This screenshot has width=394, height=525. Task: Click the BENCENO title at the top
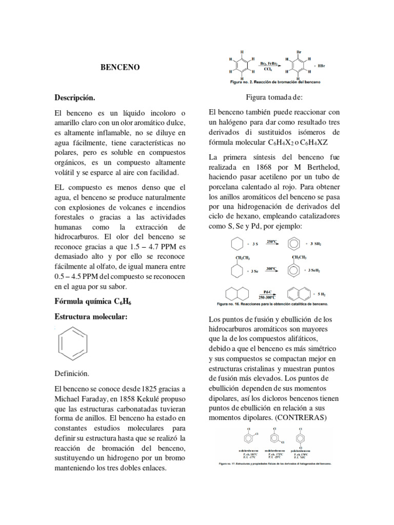pyautogui.click(x=119, y=67)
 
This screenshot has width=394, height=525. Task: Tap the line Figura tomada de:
pyautogui.click(x=274, y=97)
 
